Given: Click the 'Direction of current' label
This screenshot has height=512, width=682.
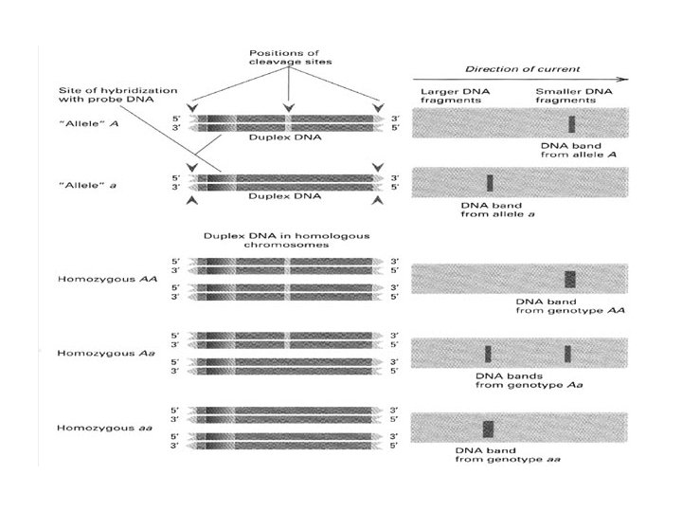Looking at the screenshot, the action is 522,69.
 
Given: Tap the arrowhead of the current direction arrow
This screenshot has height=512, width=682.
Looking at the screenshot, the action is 624,80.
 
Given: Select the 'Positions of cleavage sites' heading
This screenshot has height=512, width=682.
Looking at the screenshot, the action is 290,58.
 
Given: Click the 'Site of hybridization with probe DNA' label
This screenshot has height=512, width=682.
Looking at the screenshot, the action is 117,95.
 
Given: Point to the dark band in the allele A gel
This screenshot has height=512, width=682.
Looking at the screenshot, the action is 572,124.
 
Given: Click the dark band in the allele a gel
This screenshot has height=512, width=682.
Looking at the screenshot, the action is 490,183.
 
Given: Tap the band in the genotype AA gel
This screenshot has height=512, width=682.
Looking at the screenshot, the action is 570,279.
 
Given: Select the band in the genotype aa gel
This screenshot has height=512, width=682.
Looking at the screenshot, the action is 488,429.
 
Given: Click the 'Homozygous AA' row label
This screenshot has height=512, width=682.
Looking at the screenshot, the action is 107,279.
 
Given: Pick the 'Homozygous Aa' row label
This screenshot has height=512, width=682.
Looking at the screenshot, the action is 106,353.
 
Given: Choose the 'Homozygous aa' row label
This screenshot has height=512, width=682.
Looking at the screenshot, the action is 104,428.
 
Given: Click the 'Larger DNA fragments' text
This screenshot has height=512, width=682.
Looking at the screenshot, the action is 455,96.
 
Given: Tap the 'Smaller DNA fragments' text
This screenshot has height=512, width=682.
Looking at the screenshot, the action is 574,96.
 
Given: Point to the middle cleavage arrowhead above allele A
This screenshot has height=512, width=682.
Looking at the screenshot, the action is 288,107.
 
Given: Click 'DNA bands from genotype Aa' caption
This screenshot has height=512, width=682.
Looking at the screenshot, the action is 529,380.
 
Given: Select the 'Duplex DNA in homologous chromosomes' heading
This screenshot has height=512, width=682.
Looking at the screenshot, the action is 287,240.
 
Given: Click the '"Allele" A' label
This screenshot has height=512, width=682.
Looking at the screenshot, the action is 88,123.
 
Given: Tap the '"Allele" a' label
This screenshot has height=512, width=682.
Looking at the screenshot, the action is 87,186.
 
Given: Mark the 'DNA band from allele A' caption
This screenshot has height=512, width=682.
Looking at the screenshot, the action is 579,150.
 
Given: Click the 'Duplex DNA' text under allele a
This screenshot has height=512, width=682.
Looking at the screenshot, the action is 284,196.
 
